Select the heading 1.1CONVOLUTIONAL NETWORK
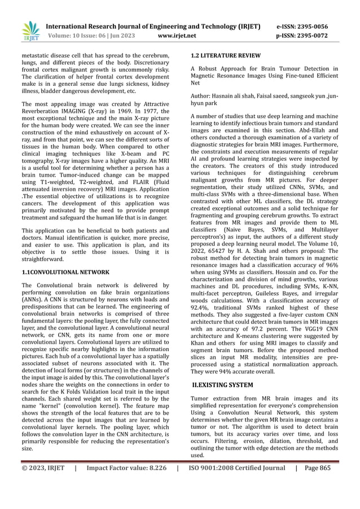[65, 272]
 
